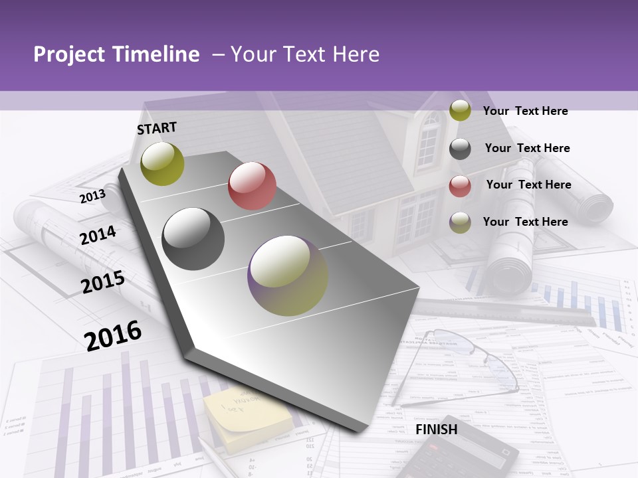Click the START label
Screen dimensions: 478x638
[x=157, y=127]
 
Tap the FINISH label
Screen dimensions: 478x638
[x=437, y=429]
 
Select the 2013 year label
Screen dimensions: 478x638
[x=92, y=196]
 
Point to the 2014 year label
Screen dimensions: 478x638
[x=98, y=235]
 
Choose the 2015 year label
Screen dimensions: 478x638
[x=103, y=281]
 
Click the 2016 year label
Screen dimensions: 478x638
[x=113, y=335]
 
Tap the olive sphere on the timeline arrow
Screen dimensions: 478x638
[x=162, y=163]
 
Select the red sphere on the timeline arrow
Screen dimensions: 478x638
[x=252, y=185]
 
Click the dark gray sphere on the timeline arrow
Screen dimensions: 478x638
[x=193, y=239]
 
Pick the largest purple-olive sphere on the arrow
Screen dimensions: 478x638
[x=288, y=276]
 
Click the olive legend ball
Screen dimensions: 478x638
[x=460, y=111]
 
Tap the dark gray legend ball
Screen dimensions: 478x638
[x=460, y=149]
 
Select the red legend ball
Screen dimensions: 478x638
[x=460, y=186]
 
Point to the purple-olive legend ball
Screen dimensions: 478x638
[x=460, y=222]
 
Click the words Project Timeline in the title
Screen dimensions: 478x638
[x=116, y=54]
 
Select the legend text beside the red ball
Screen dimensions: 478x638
[x=528, y=185]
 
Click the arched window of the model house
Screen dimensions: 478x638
[x=429, y=139]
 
